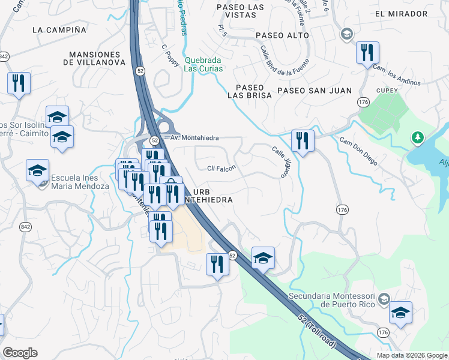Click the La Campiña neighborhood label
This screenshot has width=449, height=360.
(x=59, y=29)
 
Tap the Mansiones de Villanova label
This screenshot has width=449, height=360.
(x=97, y=58)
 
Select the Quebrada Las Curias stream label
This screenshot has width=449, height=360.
(x=203, y=64)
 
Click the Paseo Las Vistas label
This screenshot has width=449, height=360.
(x=241, y=12)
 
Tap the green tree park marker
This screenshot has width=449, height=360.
(x=417, y=138)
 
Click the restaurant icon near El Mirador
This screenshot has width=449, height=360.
(x=367, y=53)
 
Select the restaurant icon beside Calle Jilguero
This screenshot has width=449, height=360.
(x=303, y=141)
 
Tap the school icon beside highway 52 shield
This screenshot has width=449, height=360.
(x=263, y=258)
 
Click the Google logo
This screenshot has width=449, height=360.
(x=20, y=353)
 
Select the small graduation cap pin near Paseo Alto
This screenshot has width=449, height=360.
(x=346, y=34)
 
